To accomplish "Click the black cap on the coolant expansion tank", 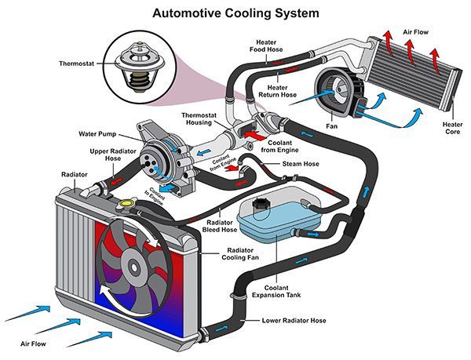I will click(261, 205).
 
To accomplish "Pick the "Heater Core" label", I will click(452, 128).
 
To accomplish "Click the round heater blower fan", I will click(329, 88).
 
